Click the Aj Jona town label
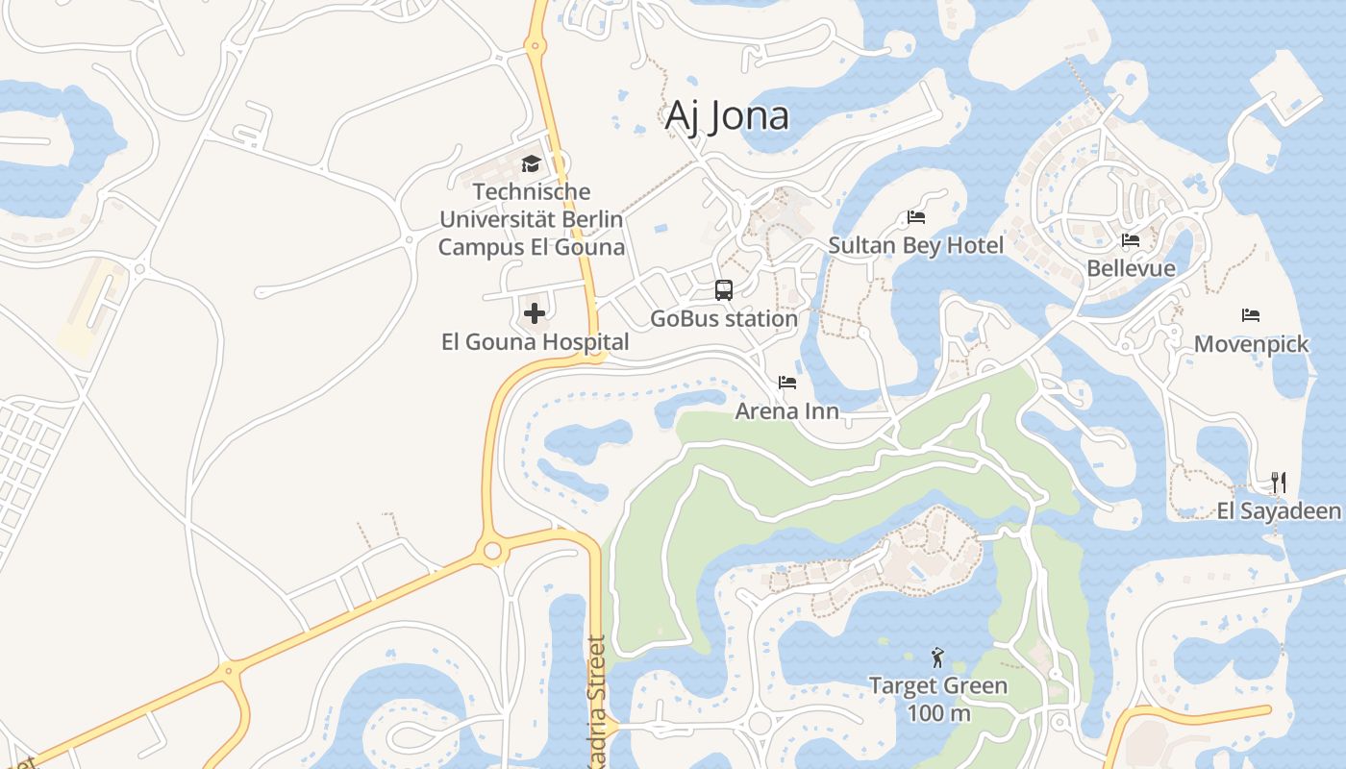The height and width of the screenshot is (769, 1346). [x=727, y=116]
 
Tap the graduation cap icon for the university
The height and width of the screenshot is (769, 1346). [x=531, y=163]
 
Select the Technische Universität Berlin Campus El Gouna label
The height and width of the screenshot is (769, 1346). [x=531, y=219]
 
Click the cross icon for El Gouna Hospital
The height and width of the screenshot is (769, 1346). [x=535, y=313]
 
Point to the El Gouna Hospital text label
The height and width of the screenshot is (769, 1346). [x=535, y=342]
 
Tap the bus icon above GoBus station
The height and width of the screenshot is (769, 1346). [x=724, y=290]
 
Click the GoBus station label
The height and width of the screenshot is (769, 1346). [x=724, y=318]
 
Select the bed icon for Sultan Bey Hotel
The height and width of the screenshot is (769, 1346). [x=916, y=217]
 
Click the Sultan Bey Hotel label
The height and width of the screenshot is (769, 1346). [x=916, y=245]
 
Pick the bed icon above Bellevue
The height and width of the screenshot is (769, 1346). [x=1131, y=240]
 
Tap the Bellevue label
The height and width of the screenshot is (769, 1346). [x=1131, y=268]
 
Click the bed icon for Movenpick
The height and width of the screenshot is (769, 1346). [x=1251, y=315]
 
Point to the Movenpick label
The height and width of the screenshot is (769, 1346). [x=1251, y=344]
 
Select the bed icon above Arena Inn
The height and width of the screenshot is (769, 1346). [x=787, y=383]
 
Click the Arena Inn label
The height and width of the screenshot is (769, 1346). [x=787, y=411]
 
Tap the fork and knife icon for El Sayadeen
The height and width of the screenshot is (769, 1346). [x=1279, y=482]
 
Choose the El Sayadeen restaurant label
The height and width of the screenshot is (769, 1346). [x=1279, y=510]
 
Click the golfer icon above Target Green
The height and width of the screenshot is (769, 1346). [x=937, y=658]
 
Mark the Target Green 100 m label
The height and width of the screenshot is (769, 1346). [x=937, y=700]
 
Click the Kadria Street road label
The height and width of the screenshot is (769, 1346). [x=596, y=702]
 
